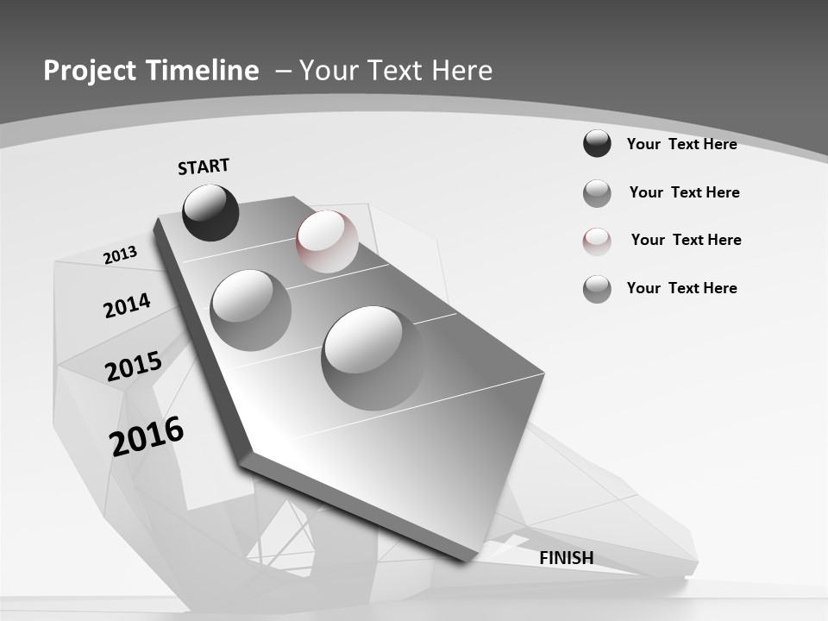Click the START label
point(204,166)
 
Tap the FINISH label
point(566,558)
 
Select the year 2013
point(120,255)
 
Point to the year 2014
point(127,305)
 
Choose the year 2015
point(134,367)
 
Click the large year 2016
point(147,436)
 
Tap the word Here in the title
point(461,71)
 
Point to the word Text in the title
point(394,71)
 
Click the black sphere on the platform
point(210,212)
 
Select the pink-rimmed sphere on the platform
point(327,241)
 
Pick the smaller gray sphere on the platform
point(250,310)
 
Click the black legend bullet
point(597,143)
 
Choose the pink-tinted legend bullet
point(597,241)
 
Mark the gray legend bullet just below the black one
point(597,193)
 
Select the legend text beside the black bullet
point(681,144)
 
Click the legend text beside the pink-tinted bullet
point(686,240)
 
